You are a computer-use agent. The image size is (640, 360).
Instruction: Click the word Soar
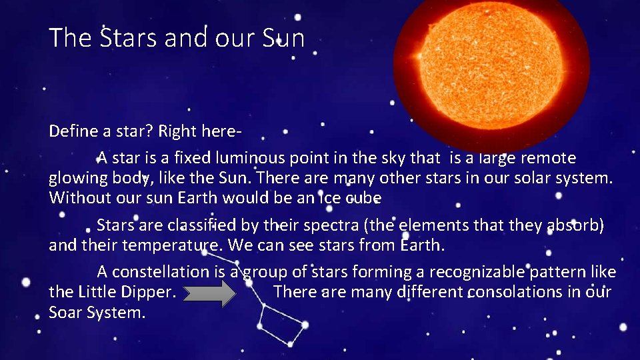(x=66, y=312)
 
